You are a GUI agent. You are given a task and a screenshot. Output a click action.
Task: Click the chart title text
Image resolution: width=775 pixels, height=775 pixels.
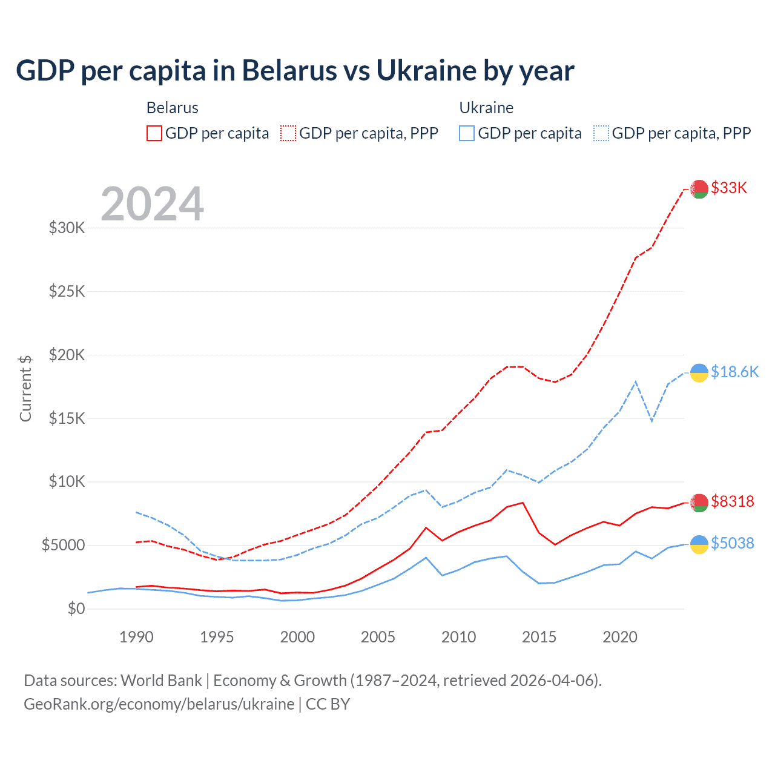[295, 71]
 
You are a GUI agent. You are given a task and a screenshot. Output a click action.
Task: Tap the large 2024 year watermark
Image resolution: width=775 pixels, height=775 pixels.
[152, 204]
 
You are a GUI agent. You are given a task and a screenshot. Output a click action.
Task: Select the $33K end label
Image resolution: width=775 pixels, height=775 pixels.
[729, 188]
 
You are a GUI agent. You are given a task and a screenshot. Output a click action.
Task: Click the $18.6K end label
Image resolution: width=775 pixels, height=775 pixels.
[734, 372]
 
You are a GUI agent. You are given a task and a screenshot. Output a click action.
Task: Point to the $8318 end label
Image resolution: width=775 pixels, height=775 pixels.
[733, 501]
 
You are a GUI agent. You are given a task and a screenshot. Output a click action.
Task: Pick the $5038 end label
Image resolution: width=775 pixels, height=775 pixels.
[733, 543]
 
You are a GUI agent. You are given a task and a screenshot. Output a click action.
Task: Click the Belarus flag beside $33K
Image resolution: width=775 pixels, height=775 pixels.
[699, 189]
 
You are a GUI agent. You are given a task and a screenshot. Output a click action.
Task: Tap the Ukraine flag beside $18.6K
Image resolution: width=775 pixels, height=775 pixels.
[699, 373]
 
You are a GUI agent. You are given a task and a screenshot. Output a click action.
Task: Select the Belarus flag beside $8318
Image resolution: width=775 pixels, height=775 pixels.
[699, 503]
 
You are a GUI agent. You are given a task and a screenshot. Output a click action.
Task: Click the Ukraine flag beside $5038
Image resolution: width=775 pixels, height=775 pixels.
[699, 544]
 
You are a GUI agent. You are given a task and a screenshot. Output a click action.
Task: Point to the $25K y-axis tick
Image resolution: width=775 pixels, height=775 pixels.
[67, 291]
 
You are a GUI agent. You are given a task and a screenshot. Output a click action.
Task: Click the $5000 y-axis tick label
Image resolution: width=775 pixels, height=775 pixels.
[63, 545]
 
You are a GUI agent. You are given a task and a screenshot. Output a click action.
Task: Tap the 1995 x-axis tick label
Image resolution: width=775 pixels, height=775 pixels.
[217, 637]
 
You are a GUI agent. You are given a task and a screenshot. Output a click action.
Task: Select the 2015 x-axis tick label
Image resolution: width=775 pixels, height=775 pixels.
[539, 637]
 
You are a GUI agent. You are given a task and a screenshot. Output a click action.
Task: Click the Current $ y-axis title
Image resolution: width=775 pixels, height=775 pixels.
[25, 388]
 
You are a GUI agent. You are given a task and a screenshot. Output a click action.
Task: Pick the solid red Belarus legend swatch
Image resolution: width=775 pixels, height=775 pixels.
[154, 133]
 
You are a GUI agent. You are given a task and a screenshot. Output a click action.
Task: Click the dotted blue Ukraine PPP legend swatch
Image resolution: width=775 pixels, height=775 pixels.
[601, 133]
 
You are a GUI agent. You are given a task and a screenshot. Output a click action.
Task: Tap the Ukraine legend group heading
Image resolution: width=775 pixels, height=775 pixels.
[486, 108]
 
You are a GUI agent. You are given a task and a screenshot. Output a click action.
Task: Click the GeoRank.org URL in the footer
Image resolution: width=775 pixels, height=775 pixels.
[159, 704]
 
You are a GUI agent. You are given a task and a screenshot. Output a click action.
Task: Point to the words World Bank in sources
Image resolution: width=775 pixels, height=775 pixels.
[161, 681]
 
